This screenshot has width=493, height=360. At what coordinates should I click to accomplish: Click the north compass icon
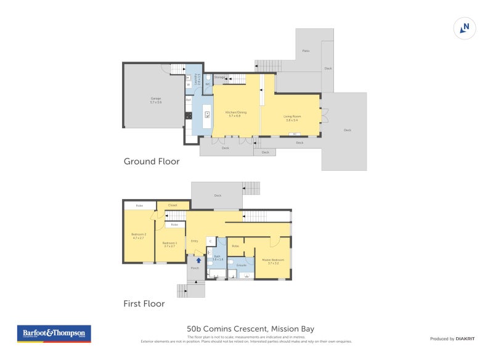click(465, 28)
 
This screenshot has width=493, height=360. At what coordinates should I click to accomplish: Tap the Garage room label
click(155, 100)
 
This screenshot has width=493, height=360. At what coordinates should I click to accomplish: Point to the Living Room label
click(291, 118)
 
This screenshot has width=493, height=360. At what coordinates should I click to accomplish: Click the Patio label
click(305, 51)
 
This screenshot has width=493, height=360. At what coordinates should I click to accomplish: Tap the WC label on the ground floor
click(208, 84)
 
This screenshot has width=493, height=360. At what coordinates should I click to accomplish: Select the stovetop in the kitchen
click(188, 115)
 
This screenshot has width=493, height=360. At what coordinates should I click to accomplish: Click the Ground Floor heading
click(152, 162)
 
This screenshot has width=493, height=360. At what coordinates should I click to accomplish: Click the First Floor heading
click(144, 303)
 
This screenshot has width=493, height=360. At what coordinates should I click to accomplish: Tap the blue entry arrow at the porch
click(198, 261)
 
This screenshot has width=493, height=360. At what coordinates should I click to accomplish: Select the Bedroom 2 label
click(137, 235)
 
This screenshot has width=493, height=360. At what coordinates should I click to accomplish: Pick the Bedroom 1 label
click(169, 244)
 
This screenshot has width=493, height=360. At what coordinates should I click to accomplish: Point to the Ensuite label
click(241, 266)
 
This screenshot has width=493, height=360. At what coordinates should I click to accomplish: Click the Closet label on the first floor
click(172, 205)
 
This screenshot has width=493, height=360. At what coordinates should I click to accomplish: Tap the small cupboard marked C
click(210, 240)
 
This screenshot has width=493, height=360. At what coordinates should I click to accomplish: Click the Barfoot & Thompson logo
click(53, 333)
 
